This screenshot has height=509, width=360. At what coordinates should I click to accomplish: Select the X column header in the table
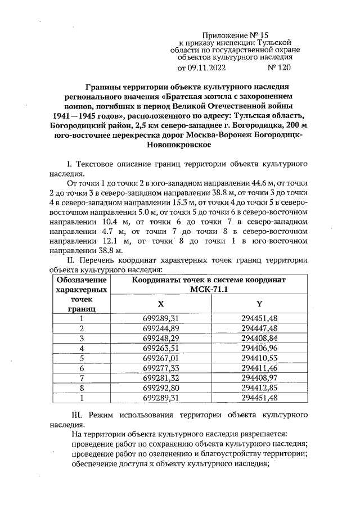[161, 303]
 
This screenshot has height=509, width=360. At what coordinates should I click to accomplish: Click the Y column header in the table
[259, 303]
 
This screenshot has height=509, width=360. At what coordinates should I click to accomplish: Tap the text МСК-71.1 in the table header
[209, 289]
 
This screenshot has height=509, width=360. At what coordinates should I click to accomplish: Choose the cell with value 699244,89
[161, 328]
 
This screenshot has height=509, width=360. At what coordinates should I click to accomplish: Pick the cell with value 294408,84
[259, 338]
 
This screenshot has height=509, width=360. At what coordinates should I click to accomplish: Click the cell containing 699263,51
[161, 348]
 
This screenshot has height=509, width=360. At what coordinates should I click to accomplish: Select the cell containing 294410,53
[259, 358]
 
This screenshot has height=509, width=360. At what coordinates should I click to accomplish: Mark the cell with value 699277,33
[161, 368]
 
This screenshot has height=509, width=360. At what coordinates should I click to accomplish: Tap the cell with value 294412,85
[259, 388]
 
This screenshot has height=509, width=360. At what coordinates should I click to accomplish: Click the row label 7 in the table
[82, 378]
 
